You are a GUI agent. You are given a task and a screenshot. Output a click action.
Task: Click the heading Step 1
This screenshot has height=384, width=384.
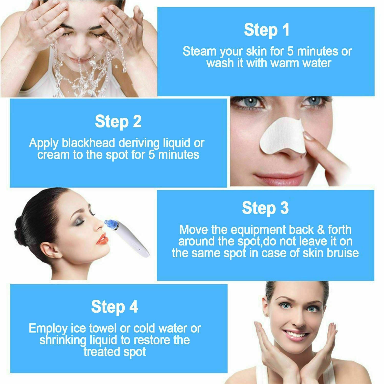pos(266,30)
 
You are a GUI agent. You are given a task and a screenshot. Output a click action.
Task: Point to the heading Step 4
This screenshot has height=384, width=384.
pos(114,307)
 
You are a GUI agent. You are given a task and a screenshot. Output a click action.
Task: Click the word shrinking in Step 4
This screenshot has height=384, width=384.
pos(63,340)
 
